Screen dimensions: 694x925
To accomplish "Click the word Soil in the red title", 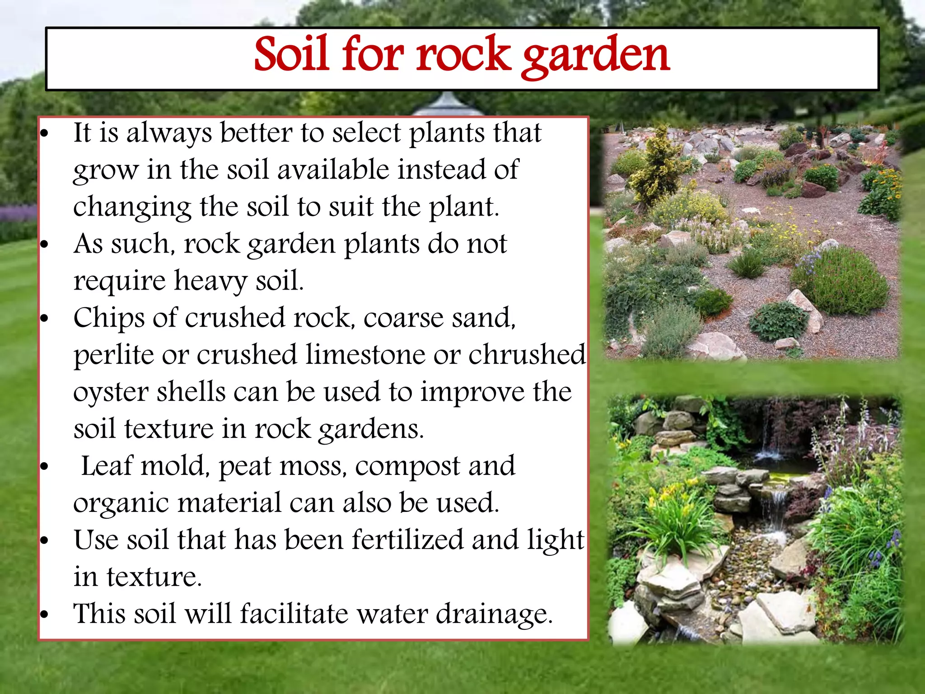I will coord(291,54).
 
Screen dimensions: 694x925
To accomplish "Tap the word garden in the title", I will coord(596,56).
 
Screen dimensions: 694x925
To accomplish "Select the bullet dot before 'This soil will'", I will coord(44,614).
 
